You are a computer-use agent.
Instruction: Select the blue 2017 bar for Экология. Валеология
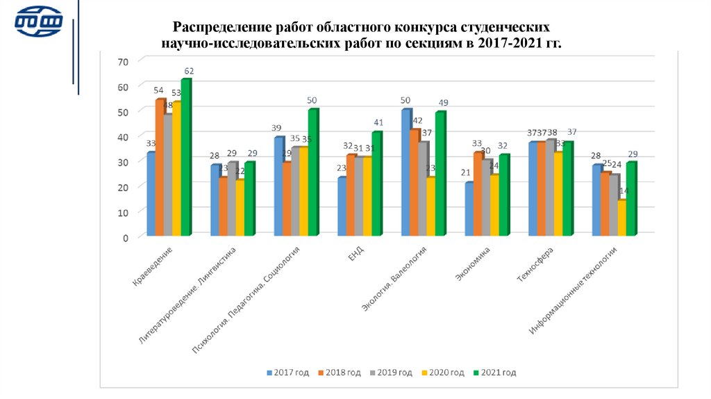405,173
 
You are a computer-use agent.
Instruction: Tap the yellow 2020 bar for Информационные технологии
621,218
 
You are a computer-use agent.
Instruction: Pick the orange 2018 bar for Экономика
478,195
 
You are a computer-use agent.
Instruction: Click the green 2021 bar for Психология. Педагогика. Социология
312,173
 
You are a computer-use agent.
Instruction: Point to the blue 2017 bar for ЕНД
342,207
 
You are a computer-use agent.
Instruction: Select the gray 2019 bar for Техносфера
550,188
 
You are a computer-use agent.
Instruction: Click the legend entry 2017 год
288,373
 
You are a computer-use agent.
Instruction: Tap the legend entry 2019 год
392,373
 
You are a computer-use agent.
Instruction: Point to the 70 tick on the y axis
124,62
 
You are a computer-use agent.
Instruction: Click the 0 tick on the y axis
126,237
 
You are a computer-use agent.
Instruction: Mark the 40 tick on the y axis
124,137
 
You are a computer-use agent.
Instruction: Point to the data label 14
624,192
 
